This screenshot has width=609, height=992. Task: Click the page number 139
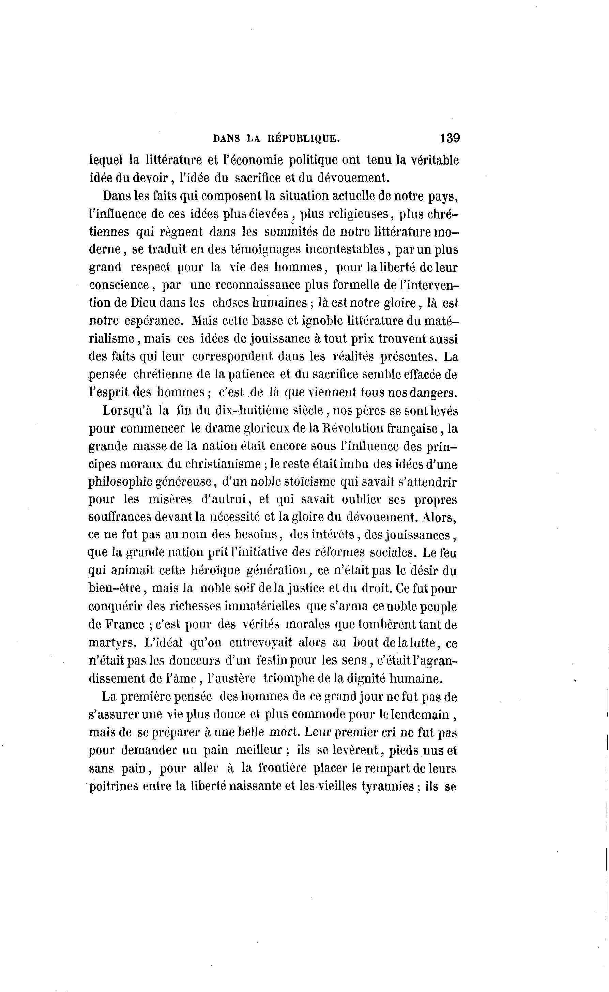tap(450, 138)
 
